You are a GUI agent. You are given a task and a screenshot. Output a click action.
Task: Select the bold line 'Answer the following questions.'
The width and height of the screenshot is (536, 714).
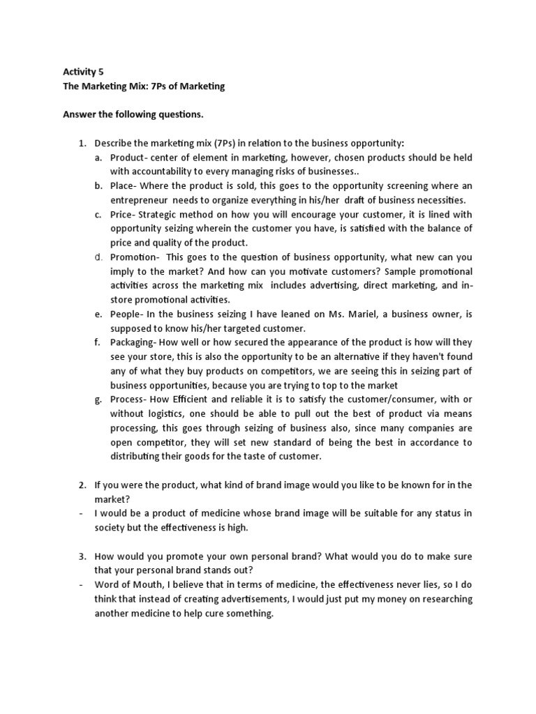[x=129, y=114]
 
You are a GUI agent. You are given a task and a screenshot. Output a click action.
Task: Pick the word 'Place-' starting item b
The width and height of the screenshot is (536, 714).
[x=124, y=185]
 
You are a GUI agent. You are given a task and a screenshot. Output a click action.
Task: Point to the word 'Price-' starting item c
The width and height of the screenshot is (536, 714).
[x=123, y=214]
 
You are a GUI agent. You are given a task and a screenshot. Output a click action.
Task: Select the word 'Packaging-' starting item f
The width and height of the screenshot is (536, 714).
[x=133, y=342]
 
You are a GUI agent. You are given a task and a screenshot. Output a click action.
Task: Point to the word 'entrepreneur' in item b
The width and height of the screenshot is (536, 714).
[x=137, y=199]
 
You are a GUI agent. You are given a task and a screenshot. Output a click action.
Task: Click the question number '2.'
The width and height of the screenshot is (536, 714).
[x=82, y=485]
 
